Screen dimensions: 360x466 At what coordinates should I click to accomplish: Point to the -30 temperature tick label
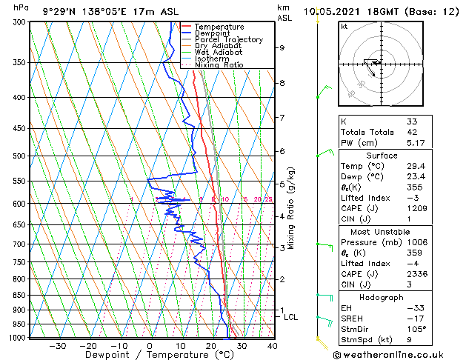pos(57,345)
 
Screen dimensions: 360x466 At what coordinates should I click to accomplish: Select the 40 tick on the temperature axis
pos(273,345)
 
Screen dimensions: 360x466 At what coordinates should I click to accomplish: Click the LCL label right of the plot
pos(291,317)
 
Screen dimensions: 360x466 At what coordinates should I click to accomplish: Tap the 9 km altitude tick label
pos(282,47)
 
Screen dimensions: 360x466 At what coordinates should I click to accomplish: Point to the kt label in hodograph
pos(344,27)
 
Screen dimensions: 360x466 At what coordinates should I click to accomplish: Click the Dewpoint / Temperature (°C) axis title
pos(150,355)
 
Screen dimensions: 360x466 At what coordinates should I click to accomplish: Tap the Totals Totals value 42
pos(412,132)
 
